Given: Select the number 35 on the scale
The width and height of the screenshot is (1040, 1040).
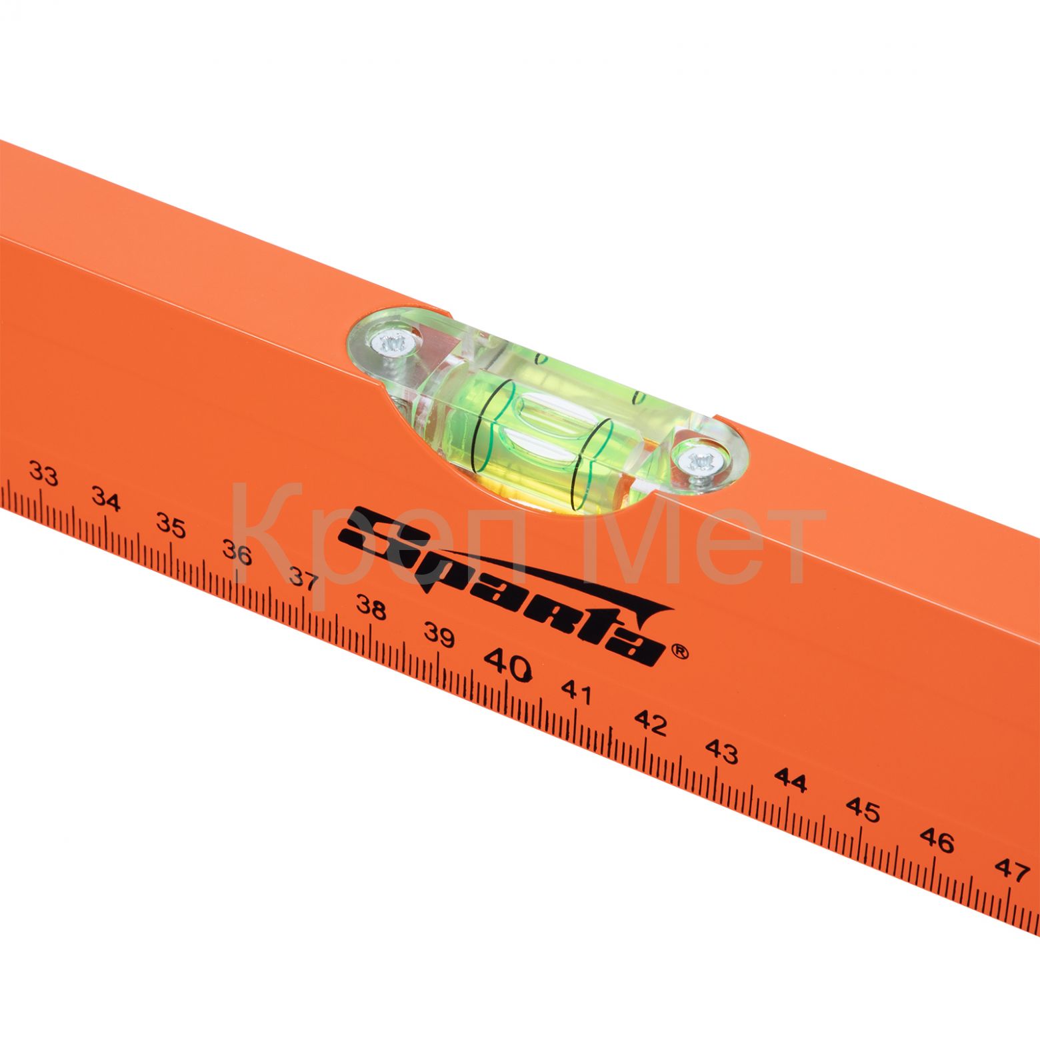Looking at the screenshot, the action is coord(171,525).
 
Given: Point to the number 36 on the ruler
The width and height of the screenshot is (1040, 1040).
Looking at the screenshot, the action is coord(237,553).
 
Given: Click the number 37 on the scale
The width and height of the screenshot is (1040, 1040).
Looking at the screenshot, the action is coord(303,579).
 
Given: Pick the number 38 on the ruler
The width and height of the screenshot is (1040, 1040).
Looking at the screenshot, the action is coord(371,607).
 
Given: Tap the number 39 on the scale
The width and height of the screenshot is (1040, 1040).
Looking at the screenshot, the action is coord(439,635).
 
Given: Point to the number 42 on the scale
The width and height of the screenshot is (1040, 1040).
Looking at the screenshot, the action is coord(650,722).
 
